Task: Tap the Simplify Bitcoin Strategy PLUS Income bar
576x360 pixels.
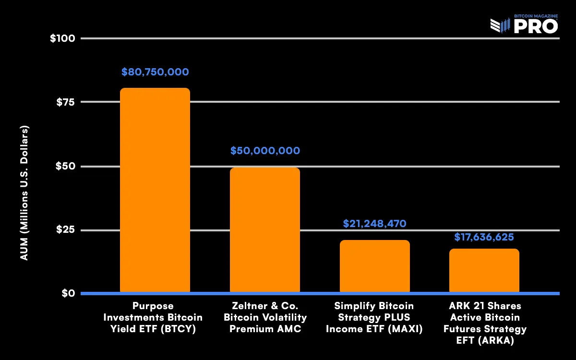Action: (x=374, y=266)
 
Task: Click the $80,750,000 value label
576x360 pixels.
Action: (x=155, y=72)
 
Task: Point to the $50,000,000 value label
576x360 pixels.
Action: (x=265, y=151)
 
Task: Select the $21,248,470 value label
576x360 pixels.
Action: (x=374, y=224)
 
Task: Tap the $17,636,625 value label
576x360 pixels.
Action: (x=484, y=237)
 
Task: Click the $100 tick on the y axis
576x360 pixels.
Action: (x=62, y=38)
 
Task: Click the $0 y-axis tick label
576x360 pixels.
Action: (x=68, y=293)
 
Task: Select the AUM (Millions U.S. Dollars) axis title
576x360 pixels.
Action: (x=24, y=193)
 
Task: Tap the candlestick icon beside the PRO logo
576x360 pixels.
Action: (x=500, y=25)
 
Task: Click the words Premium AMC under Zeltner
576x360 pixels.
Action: (x=265, y=329)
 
